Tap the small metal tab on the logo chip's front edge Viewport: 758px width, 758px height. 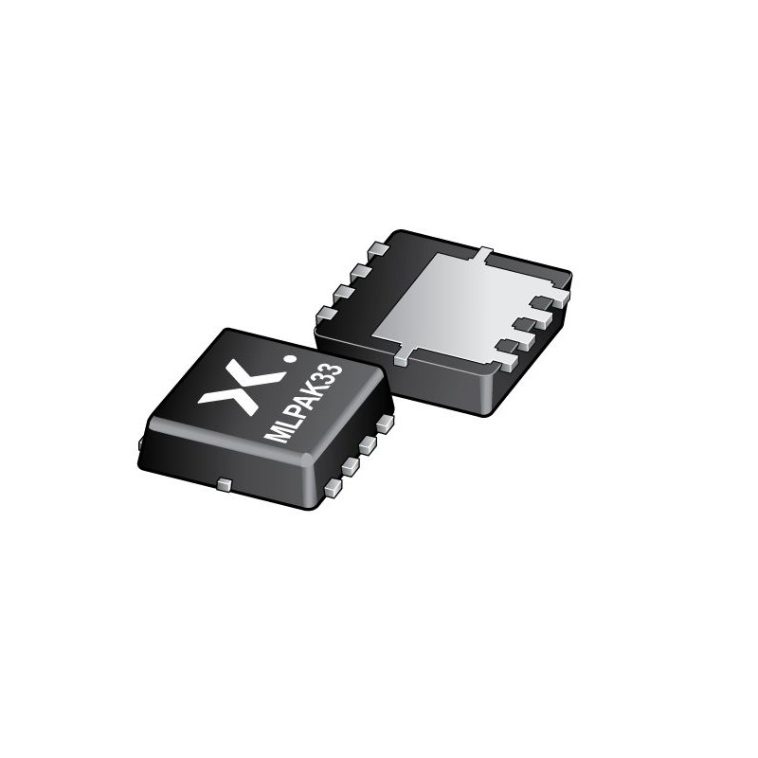pos(225,485)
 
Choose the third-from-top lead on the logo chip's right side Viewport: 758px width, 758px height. pos(352,466)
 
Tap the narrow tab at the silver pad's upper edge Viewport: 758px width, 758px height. pos(484,254)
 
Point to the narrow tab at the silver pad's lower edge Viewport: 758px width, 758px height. pos(404,356)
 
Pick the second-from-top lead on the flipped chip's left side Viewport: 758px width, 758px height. pos(361,272)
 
